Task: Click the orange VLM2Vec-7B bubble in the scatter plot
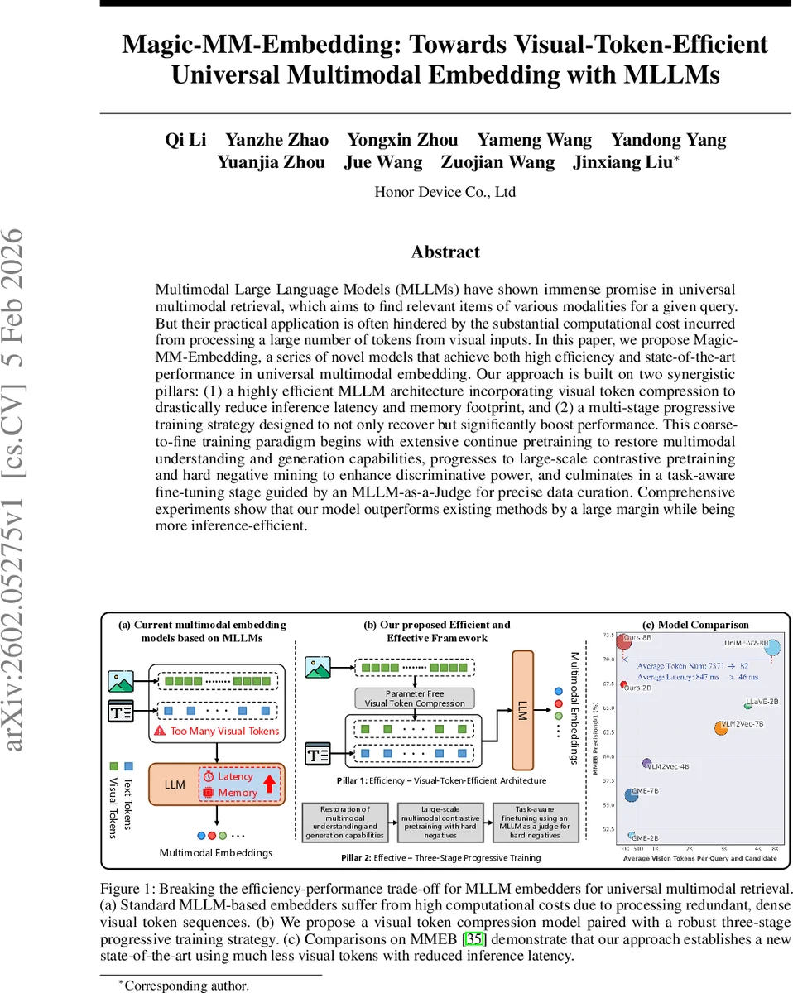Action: [722, 727]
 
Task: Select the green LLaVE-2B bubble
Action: [747, 705]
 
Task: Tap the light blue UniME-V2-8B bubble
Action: [772, 647]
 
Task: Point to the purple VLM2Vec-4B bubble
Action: [647, 763]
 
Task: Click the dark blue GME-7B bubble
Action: [632, 795]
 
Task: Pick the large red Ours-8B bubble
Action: [624, 641]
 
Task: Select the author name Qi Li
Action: [185, 139]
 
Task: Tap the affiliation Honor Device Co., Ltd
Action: [445, 192]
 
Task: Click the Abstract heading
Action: [445, 252]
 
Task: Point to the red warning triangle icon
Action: [160, 732]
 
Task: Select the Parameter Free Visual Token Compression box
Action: [415, 698]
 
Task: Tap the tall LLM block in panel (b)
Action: [522, 710]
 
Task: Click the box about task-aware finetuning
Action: [531, 822]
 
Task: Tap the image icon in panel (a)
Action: [121, 681]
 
